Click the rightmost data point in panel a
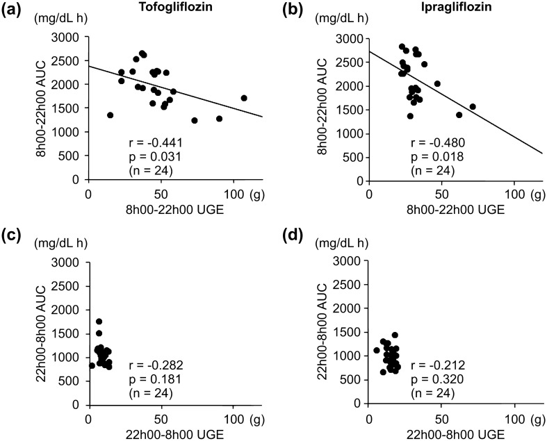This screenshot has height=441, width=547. [244, 98]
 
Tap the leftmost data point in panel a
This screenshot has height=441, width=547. [110, 115]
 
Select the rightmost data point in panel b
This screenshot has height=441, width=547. [473, 107]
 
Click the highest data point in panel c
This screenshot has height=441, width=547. [99, 322]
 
